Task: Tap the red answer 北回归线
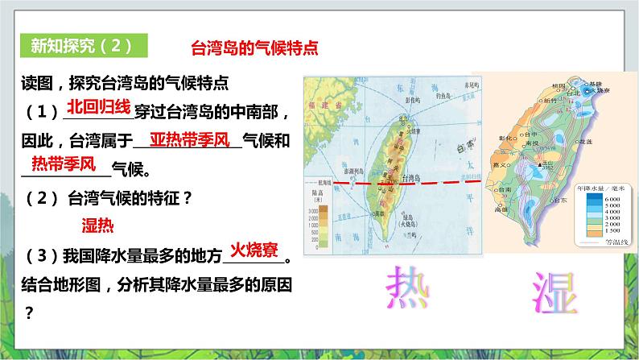pyautogui.click(x=97, y=107)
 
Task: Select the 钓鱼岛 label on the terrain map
pyautogui.click(x=440, y=95)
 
